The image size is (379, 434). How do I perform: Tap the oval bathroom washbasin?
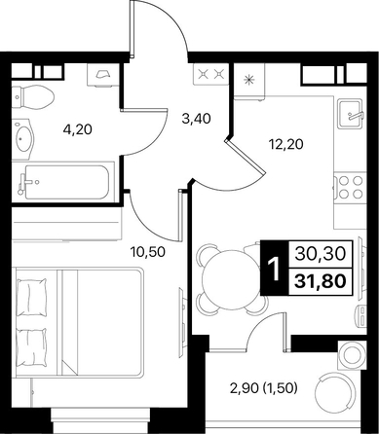(22, 139)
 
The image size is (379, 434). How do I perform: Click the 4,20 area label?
(78, 129)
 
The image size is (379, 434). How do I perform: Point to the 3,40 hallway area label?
(196, 119)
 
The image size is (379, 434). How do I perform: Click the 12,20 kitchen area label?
(286, 144)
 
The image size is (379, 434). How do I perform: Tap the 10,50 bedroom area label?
(147, 251)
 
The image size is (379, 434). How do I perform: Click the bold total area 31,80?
(320, 281)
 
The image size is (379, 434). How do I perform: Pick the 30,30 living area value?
(320, 254)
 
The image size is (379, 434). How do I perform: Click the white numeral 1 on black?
(275, 269)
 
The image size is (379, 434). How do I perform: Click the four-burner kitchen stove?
(350, 187)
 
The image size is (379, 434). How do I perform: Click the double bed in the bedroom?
(79, 322)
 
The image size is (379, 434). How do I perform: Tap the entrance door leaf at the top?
(132, 30)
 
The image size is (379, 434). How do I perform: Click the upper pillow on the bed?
(31, 297)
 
